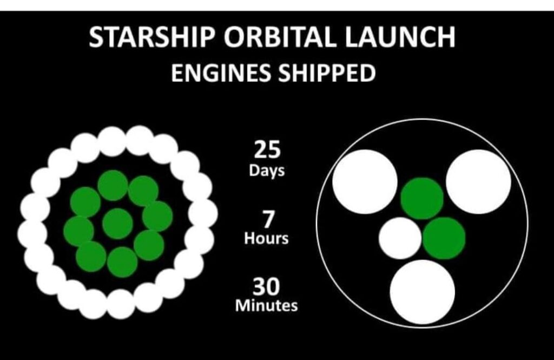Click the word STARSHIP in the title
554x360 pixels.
[152, 37]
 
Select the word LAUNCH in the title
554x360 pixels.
[400, 37]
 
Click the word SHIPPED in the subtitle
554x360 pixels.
[326, 73]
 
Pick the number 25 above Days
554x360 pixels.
[267, 149]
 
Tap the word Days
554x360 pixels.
[267, 171]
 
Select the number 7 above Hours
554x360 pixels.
[268, 219]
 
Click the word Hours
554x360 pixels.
[266, 238]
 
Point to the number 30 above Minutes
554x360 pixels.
[266, 286]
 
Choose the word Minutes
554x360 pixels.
[266, 305]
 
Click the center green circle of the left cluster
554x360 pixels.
[117, 224]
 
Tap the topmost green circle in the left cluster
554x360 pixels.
[113, 185]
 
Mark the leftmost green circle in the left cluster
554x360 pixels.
[79, 231]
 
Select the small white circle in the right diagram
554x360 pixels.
[400, 238]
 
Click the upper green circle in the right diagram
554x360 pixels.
[422, 199]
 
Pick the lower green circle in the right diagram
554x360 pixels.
[444, 238]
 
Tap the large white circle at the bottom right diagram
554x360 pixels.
[423, 292]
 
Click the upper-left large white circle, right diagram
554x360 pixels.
[365, 182]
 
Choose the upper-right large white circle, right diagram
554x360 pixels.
[479, 182]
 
